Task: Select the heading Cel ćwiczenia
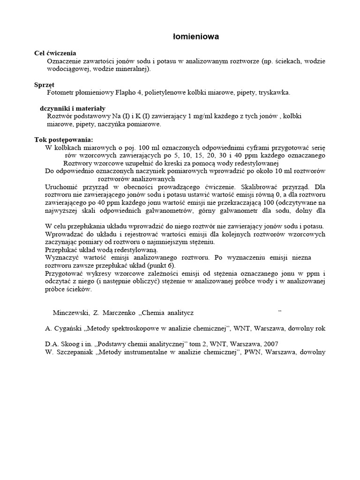pos(55,53)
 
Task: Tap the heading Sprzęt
pos(45,85)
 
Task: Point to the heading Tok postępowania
pos(64,140)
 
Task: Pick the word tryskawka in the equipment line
pos(274,93)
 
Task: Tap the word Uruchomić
pos(62,187)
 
